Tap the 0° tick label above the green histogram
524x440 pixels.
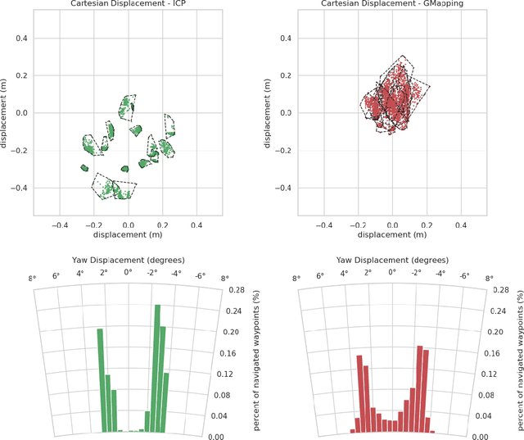pos(128,272)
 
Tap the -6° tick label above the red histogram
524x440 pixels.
pos(463,275)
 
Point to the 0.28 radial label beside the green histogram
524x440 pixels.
pos(237,290)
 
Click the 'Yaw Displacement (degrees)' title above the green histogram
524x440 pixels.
pos(128,260)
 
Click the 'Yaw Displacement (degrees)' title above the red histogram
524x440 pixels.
pos(391,260)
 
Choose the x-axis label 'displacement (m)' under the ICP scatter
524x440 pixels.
pos(128,234)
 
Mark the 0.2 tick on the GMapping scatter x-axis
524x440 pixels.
pos(426,224)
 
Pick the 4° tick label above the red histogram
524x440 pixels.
pos(343,273)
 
